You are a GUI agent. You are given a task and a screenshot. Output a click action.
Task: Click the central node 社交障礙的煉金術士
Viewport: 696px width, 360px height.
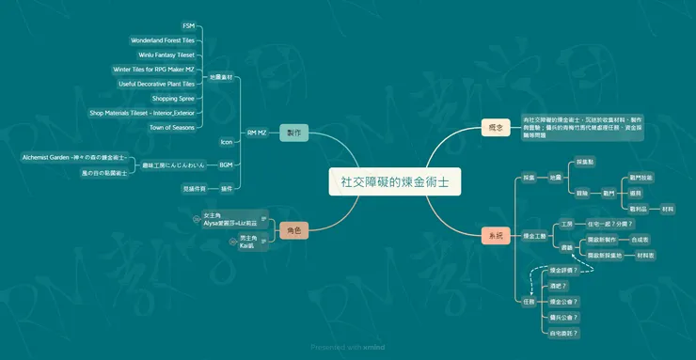(x=395, y=181)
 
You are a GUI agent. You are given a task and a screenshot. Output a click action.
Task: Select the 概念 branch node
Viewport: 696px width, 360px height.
(x=495, y=127)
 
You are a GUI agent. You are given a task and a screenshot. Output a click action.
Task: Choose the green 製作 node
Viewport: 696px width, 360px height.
(x=293, y=133)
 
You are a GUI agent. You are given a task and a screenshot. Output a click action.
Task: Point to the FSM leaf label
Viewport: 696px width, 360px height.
(x=188, y=26)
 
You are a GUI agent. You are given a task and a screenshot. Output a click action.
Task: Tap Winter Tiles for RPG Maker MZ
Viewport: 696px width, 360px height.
(x=153, y=69)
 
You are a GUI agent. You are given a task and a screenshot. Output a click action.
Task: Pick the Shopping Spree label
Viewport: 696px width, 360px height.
(x=173, y=98)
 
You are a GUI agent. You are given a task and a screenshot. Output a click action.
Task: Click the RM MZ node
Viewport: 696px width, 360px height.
(x=257, y=133)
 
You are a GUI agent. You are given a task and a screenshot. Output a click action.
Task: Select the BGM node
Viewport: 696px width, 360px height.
(x=226, y=164)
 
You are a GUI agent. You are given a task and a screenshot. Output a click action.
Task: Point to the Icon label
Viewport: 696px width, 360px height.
(x=226, y=142)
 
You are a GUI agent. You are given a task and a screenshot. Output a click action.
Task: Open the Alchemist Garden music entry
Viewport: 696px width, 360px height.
(x=80, y=157)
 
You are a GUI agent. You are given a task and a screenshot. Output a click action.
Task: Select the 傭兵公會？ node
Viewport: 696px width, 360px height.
(x=563, y=318)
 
